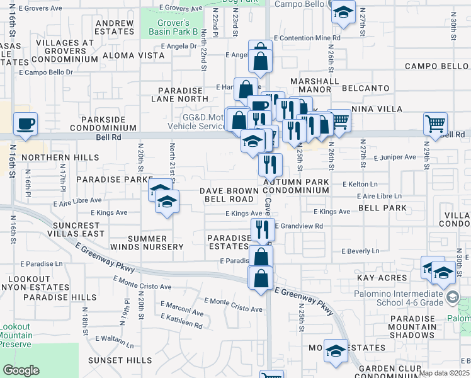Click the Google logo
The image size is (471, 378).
[21, 370]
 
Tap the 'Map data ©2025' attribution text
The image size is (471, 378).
[443, 373]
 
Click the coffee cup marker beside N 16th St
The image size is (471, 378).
[26, 124]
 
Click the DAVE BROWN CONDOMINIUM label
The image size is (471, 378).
[264, 190]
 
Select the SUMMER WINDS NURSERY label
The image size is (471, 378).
[147, 243]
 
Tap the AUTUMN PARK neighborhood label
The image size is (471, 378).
[305, 182]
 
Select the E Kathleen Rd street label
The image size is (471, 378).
[180, 325]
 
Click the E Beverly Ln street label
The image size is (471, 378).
[360, 251]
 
